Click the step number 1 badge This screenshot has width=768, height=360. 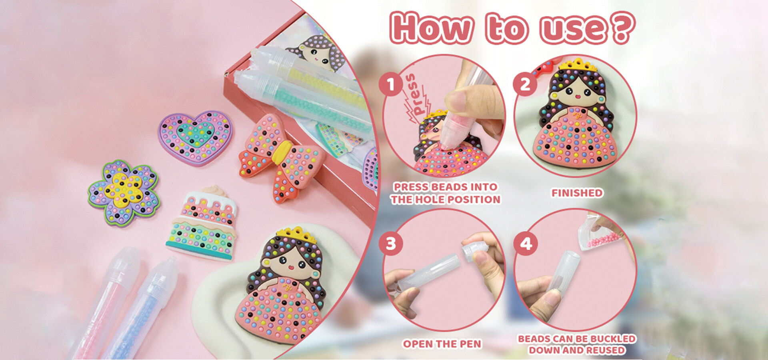tap(391, 84)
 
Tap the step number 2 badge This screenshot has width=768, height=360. tap(525, 84)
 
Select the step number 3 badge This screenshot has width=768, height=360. tap(391, 243)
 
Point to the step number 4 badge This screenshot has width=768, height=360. tap(526, 243)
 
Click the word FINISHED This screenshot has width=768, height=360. tap(577, 193)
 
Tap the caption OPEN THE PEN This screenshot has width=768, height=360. tap(442, 344)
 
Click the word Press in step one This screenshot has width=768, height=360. tap(416, 94)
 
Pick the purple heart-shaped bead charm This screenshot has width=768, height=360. tap(195, 137)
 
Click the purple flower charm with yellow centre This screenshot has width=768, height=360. tap(124, 193)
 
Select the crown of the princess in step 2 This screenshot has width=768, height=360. tap(578, 65)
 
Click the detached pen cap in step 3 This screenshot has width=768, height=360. tap(475, 250)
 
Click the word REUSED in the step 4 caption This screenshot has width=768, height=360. tap(604, 350)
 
